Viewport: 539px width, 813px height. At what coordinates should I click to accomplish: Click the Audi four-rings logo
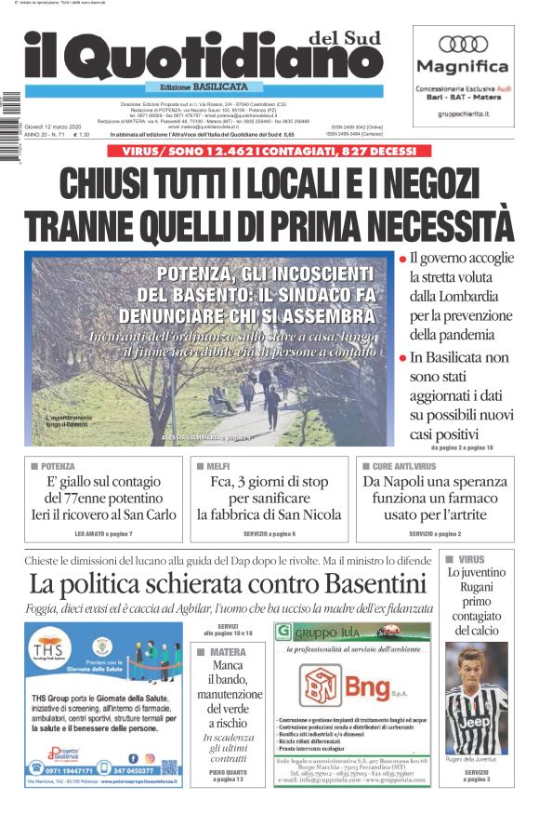click(463, 44)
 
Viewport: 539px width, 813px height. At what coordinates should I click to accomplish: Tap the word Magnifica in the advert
click(463, 67)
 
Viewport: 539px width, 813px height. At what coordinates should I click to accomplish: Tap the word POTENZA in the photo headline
click(197, 273)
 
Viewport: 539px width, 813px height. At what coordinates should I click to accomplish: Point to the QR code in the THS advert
click(169, 767)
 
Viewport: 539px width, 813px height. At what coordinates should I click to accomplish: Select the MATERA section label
click(228, 652)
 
